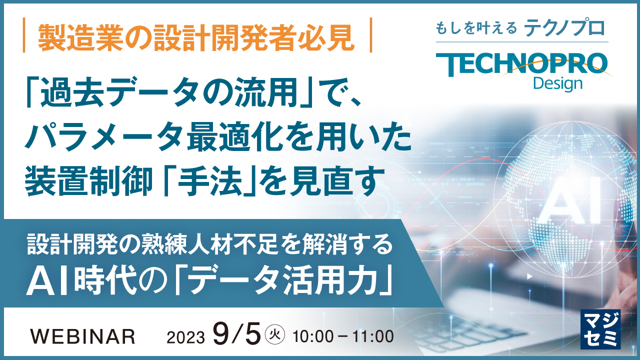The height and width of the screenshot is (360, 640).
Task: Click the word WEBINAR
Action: click(83, 336)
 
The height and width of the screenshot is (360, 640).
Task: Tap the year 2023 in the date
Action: click(185, 337)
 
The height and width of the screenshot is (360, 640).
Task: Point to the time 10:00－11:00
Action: click(343, 336)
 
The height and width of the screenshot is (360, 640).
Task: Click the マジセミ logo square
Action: click(600, 328)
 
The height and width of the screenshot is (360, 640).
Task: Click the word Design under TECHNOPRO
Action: click(557, 83)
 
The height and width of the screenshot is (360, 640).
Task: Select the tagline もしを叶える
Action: click(476, 29)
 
